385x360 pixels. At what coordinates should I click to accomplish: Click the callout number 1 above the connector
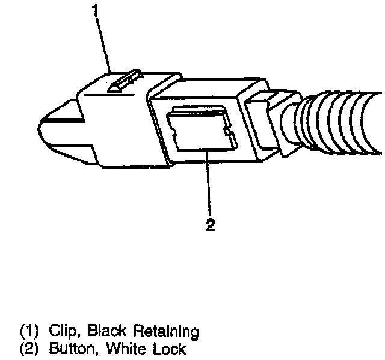[95, 10]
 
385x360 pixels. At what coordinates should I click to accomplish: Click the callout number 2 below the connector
[210, 225]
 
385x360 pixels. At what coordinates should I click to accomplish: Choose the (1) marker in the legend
[29, 331]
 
